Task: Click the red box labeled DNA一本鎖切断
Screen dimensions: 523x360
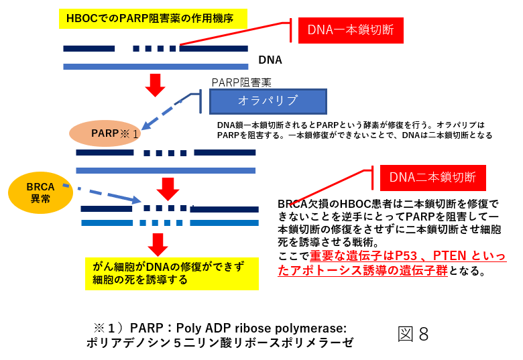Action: coord(351,30)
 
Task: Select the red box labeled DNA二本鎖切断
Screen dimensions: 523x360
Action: coord(432,178)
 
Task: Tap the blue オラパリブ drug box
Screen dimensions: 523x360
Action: coord(268,101)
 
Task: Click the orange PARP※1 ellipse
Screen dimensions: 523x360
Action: coord(105,133)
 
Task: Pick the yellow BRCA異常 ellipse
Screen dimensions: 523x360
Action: coord(40,192)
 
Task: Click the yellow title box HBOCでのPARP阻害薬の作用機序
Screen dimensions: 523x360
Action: coord(153,19)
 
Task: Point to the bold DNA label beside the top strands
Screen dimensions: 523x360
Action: coord(270,60)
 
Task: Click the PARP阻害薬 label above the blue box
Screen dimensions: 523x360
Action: coord(241,82)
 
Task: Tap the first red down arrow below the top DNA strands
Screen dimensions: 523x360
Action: coord(155,85)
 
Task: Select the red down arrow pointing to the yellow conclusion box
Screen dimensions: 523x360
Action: coord(158,245)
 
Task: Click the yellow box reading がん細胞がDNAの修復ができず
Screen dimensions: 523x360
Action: coord(172,274)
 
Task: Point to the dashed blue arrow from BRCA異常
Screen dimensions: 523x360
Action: coord(102,193)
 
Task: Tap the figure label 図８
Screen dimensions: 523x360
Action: coord(413,334)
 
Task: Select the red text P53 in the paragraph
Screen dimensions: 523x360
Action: coord(406,256)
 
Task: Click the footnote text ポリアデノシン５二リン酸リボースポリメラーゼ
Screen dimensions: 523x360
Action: coord(220,343)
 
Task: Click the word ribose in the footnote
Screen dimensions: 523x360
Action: coord(249,328)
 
